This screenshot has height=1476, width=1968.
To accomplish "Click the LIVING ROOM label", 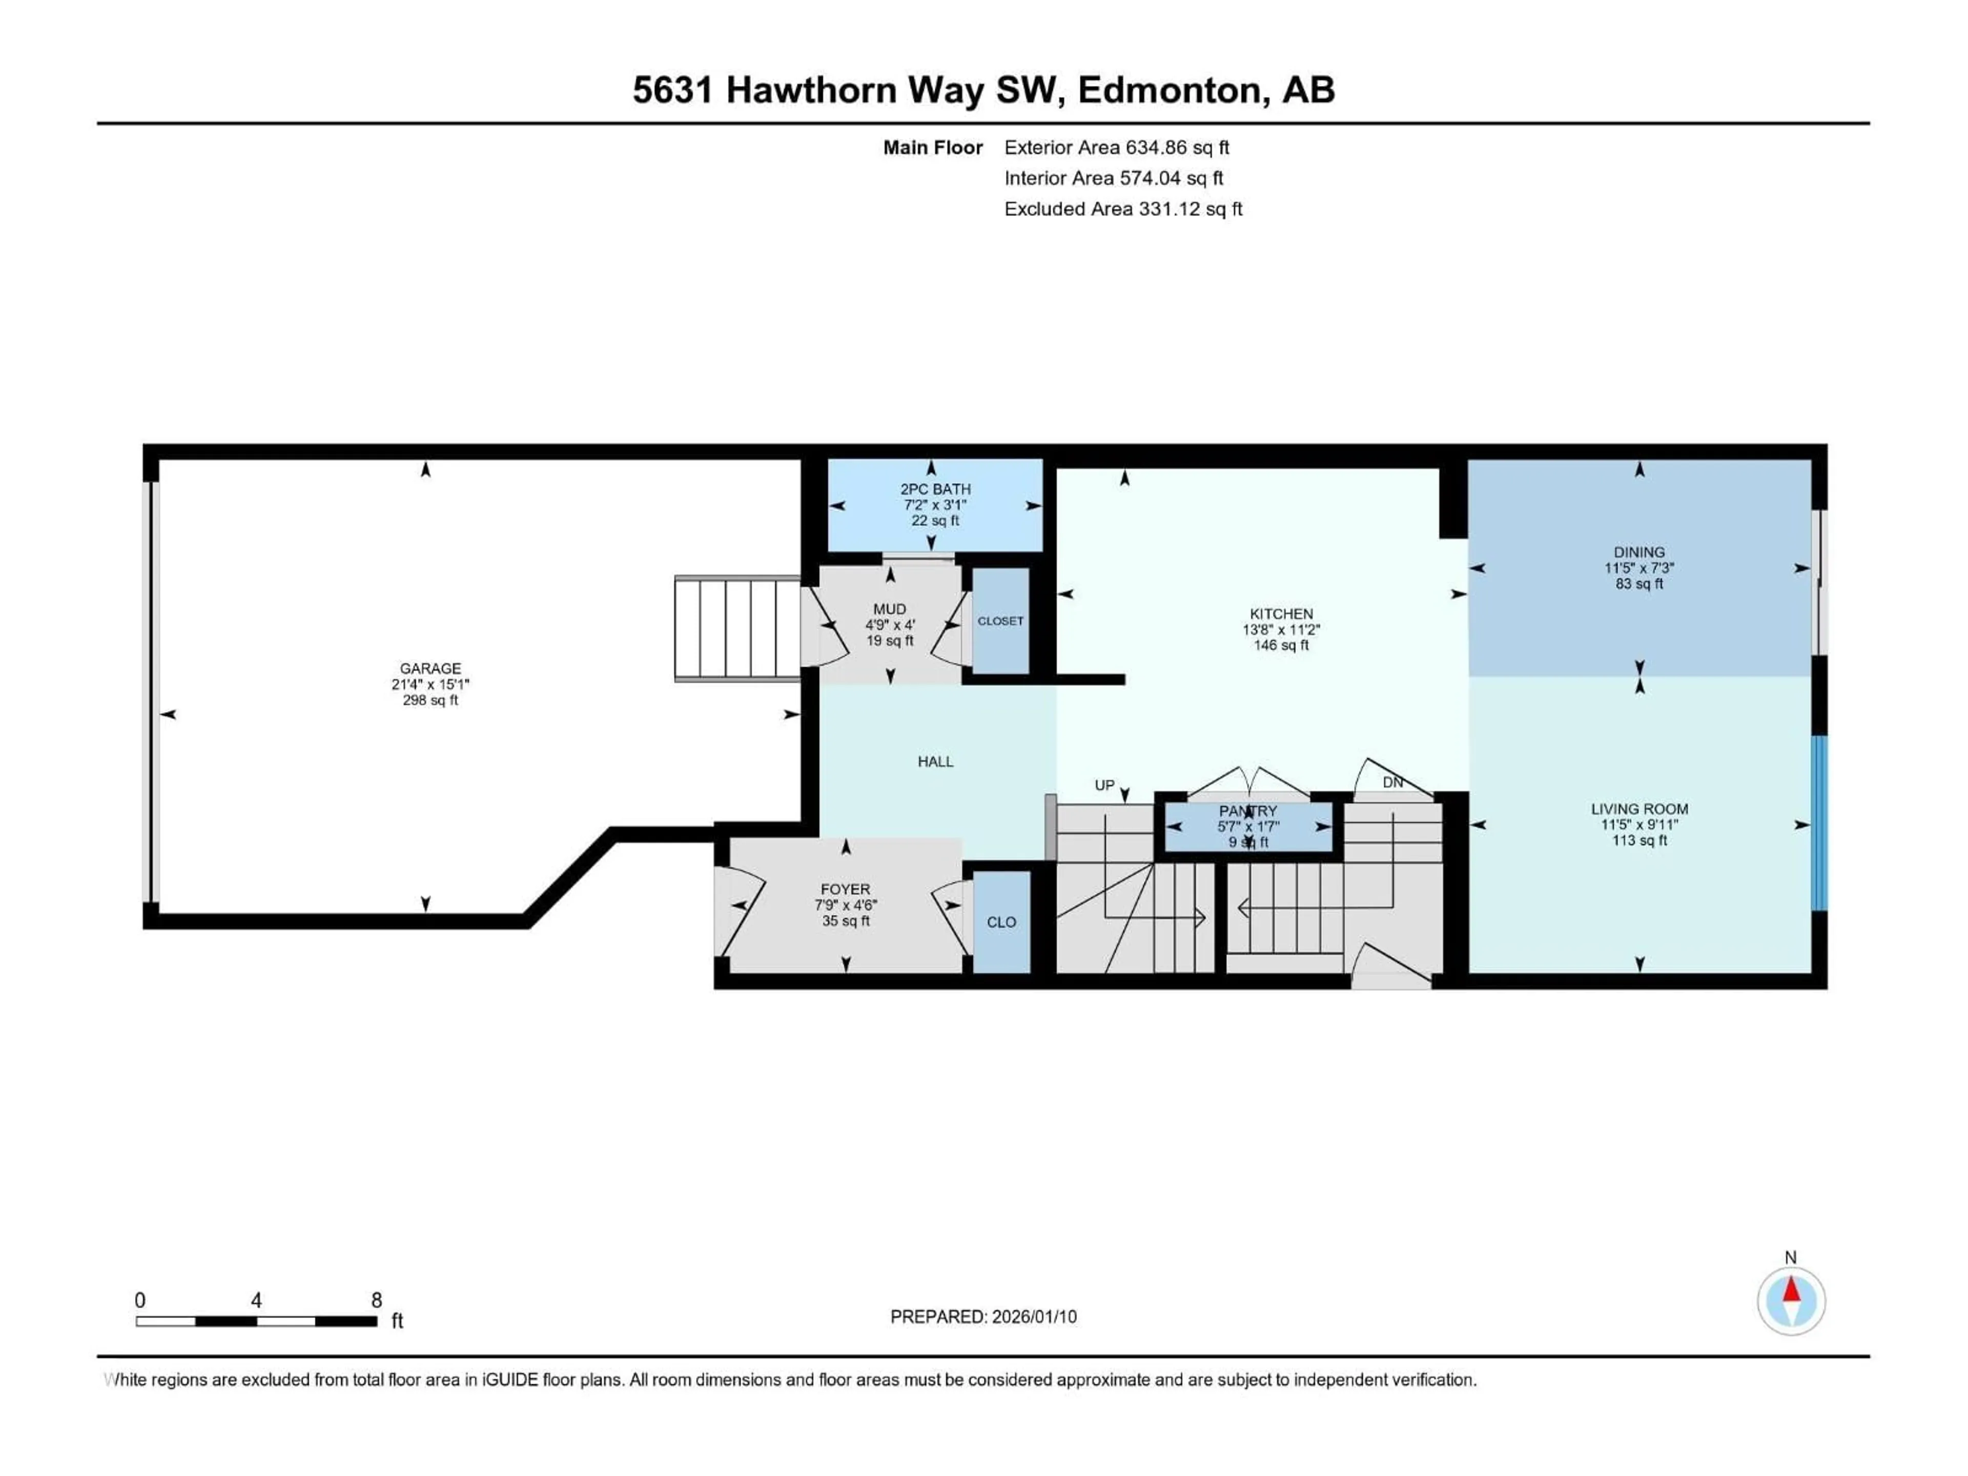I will tap(1639, 809).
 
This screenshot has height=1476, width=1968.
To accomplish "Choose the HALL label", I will tap(935, 762).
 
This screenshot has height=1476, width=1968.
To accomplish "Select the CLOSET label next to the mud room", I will tap(1000, 621).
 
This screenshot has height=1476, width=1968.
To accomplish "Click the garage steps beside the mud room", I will tap(737, 629).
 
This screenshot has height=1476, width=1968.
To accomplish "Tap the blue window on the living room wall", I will tap(1819, 823).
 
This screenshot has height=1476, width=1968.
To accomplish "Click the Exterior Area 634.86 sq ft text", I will tap(1117, 148).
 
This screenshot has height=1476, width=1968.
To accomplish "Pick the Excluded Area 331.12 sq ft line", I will tap(1123, 209).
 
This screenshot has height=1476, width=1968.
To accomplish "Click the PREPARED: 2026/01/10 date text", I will tap(983, 1317).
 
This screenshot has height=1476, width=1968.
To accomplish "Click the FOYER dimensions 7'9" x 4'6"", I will tap(845, 905).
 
